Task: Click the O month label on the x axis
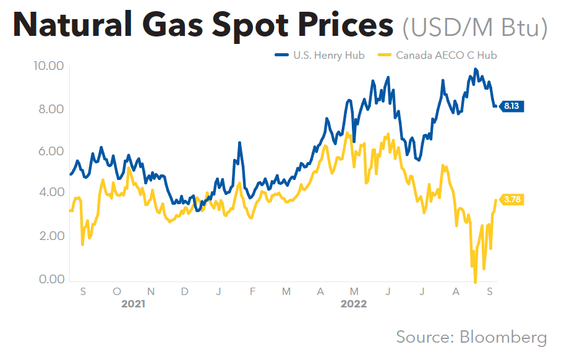(117, 291)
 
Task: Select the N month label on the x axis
(151, 291)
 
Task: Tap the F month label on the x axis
(252, 291)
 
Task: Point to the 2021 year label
(134, 304)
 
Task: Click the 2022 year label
(354, 304)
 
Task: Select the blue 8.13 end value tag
(512, 106)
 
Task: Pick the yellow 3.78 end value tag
(512, 200)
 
